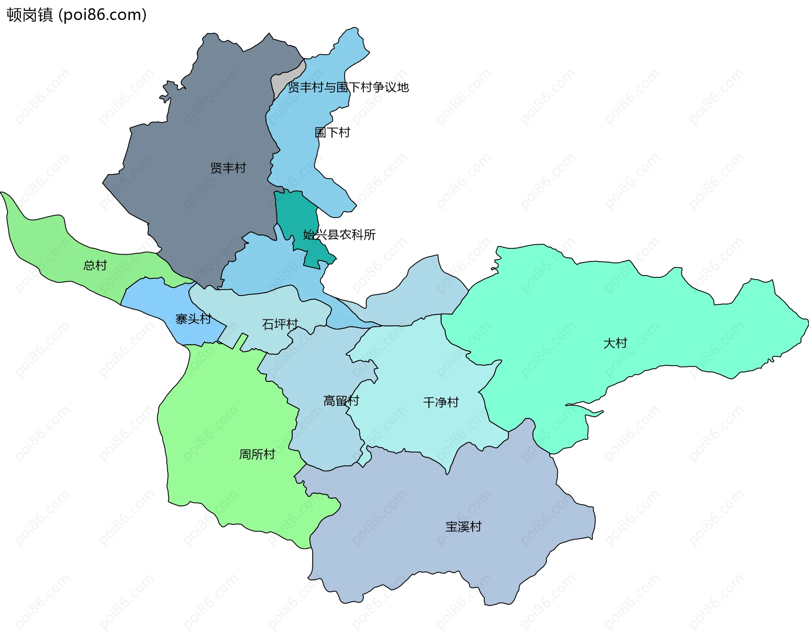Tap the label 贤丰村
pyautogui.click(x=228, y=168)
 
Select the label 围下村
pyautogui.click(x=332, y=133)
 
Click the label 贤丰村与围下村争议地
pyautogui.click(x=348, y=87)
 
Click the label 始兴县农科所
pyautogui.click(x=339, y=234)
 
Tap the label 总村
pyautogui.click(x=95, y=265)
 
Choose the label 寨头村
pyautogui.click(x=193, y=319)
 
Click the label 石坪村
pyautogui.click(x=280, y=324)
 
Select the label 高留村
pyautogui.click(x=341, y=400)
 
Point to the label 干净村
pyautogui.click(x=441, y=402)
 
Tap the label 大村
pyautogui.click(x=615, y=343)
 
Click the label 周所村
pyautogui.click(x=257, y=454)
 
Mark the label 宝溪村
pyautogui.click(x=463, y=527)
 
